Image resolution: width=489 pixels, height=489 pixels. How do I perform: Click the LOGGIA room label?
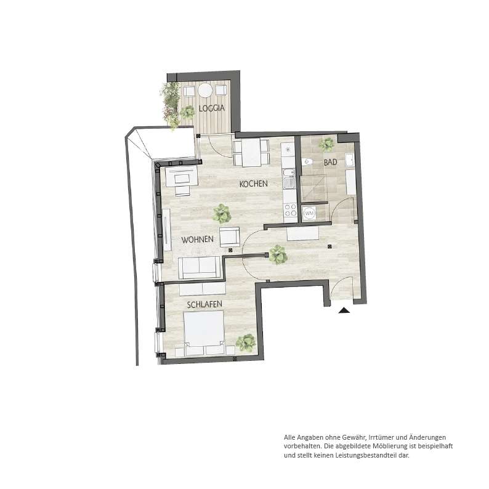(x=212, y=108)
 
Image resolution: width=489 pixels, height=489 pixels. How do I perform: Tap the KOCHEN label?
(x=253, y=184)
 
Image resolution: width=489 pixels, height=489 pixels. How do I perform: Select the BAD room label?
(x=331, y=162)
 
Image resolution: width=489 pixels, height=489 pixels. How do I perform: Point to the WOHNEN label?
(x=198, y=240)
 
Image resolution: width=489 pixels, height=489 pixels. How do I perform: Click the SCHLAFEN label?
(x=204, y=304)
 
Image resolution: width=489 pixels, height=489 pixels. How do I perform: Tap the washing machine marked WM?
(x=309, y=213)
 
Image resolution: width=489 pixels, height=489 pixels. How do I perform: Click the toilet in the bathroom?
(x=307, y=162)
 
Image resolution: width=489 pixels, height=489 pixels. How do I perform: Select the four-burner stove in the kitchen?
(x=290, y=209)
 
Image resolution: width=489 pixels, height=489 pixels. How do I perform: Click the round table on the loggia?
(x=205, y=91)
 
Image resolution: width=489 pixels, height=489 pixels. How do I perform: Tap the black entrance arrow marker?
(x=344, y=310)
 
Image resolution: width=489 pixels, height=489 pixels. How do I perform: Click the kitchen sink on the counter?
(x=289, y=179)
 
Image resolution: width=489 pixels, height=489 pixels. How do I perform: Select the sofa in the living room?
(x=200, y=267)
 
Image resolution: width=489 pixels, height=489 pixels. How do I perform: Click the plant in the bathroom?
(x=326, y=144)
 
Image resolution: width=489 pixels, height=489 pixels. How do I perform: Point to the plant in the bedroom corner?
(x=246, y=343)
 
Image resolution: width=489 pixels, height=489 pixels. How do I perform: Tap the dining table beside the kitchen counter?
(x=251, y=153)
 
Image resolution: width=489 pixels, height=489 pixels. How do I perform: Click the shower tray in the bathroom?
(x=313, y=188)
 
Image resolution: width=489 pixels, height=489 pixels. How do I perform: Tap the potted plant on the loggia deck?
(x=187, y=111)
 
